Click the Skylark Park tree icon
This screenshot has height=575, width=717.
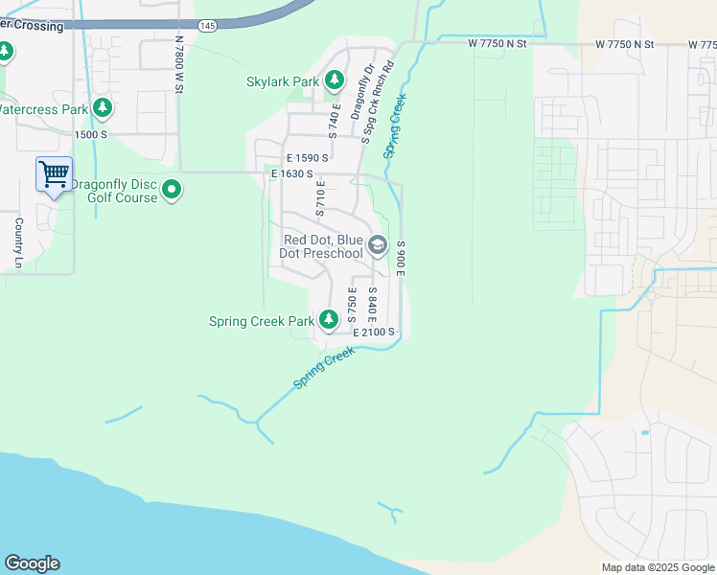tap(335, 81)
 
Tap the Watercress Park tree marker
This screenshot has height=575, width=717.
tap(102, 109)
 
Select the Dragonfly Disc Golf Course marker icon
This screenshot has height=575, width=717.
tap(172, 191)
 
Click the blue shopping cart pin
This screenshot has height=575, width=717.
tap(54, 174)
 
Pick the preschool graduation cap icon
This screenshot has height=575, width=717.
tap(378, 246)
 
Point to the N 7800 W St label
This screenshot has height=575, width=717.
tap(178, 65)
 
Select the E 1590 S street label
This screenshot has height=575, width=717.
tap(307, 157)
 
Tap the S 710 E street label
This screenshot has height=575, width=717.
tap(321, 196)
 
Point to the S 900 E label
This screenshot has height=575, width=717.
tap(402, 260)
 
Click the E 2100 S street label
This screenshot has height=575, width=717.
tap(374, 332)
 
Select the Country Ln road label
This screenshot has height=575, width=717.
tap(18, 242)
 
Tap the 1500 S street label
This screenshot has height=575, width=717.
tap(91, 134)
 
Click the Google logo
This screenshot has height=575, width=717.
tap(32, 563)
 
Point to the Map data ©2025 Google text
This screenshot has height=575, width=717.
tap(657, 567)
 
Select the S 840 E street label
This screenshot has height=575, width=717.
tap(372, 305)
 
